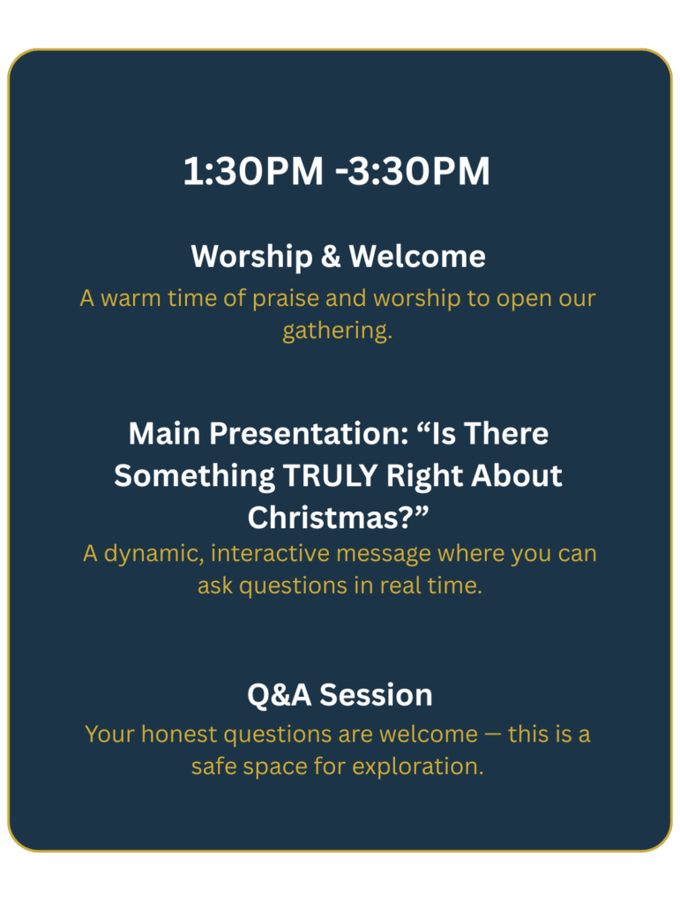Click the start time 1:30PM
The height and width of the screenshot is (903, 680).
click(x=253, y=171)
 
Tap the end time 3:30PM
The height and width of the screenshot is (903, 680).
click(x=419, y=171)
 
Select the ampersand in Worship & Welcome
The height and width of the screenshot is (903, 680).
click(x=331, y=257)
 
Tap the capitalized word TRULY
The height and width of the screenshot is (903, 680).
click(x=330, y=475)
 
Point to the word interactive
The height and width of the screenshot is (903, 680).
click(x=271, y=554)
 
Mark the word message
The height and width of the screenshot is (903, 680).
click(x=384, y=555)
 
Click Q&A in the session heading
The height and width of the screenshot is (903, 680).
click(x=280, y=695)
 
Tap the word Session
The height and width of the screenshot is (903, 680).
click(x=376, y=695)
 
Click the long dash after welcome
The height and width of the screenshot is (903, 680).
click(x=493, y=735)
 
